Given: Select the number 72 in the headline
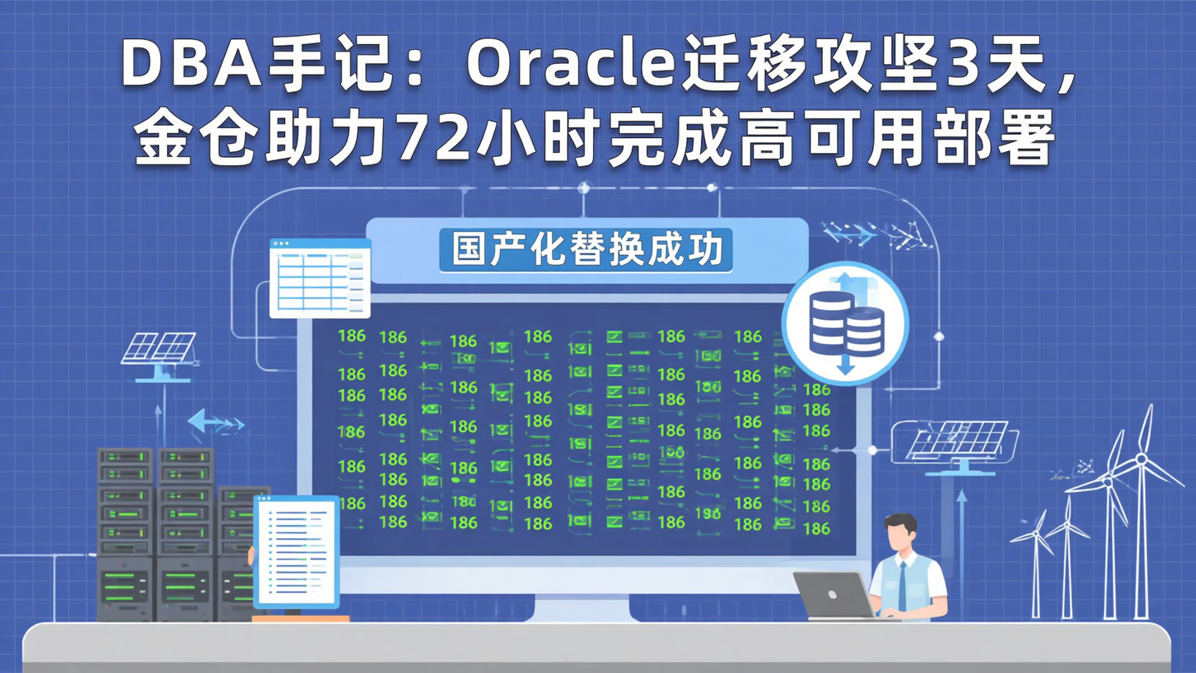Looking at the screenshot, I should point(431,141).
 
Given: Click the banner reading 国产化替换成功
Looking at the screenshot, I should point(586,250).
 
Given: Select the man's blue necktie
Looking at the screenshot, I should point(902,585).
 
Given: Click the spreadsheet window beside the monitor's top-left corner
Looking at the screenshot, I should point(320,278).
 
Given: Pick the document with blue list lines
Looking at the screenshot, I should point(297,552).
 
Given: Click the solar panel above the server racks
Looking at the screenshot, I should point(159,348).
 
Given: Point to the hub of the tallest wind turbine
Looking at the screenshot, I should point(1141,457).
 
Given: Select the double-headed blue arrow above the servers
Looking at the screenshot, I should point(215,422).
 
